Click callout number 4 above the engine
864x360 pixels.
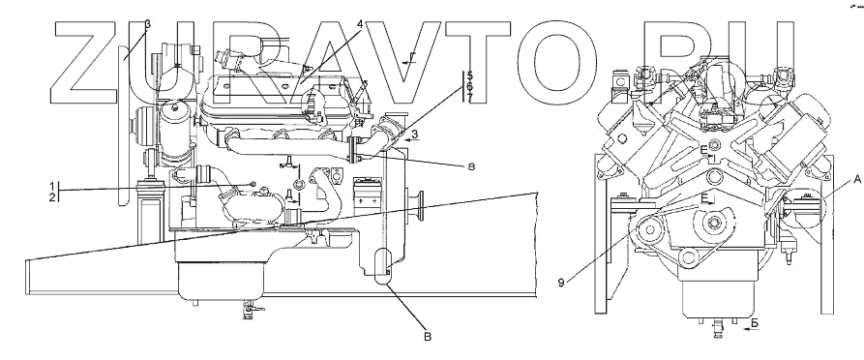359,25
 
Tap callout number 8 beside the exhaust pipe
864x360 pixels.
470,165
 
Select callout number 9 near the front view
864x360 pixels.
561,283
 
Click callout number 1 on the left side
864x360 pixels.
52,185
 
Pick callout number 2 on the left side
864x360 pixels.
52,196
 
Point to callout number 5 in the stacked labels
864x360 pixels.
469,75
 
